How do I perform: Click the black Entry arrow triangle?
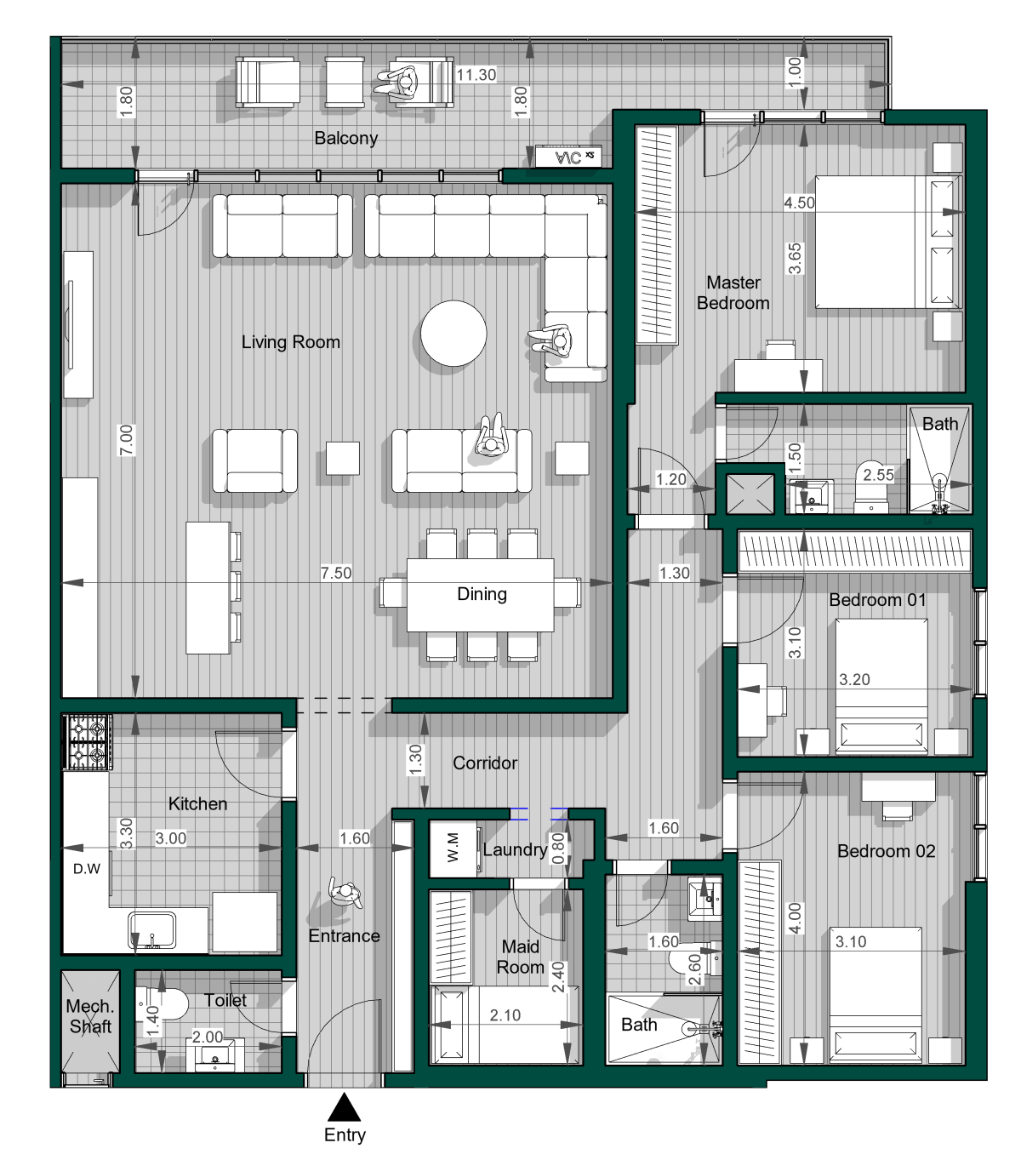[344, 1106]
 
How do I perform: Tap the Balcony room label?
[345, 138]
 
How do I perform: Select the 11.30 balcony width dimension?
[476, 74]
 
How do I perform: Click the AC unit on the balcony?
[568, 157]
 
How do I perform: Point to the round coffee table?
[453, 334]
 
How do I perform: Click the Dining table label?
[482, 594]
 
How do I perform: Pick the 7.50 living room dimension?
[336, 573]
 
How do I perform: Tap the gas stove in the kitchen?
[88, 741]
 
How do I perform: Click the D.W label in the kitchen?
[87, 869]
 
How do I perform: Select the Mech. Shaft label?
[90, 1016]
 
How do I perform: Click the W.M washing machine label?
[453, 848]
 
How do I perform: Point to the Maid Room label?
[520, 957]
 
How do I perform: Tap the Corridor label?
[485, 763]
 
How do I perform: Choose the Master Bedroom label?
[733, 293]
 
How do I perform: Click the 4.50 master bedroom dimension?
[799, 202]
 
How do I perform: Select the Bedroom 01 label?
[877, 599]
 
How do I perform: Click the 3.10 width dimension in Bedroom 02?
[851, 941]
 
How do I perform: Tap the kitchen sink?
[151, 930]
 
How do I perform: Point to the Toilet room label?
[225, 1000]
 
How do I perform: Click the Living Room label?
[291, 342]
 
